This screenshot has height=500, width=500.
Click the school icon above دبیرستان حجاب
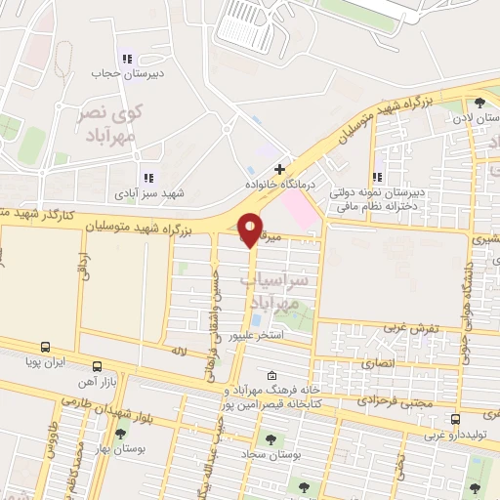pyautogui.click(x=124, y=57)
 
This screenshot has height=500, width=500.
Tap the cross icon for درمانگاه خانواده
pyautogui.click(x=279, y=169)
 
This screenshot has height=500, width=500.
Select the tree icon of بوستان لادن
pyautogui.click(x=479, y=103)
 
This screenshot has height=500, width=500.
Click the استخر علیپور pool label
pyautogui.click(x=257, y=335)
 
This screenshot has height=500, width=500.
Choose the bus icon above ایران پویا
pyautogui.click(x=45, y=346)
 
